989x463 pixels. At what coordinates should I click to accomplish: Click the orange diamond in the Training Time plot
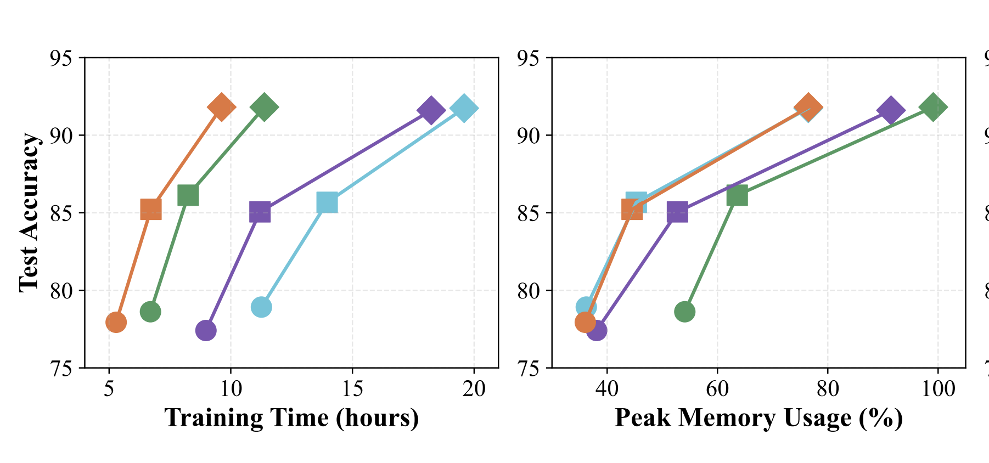coord(221,106)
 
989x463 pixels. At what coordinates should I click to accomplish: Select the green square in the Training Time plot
coord(188,195)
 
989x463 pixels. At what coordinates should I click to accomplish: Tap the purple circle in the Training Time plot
coord(206,330)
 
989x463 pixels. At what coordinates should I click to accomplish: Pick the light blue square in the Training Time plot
coord(327,203)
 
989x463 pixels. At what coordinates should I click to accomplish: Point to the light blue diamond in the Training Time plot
coord(463,108)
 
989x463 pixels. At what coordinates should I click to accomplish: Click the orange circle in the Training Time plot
coord(116,322)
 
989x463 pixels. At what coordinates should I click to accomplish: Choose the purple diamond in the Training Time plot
coord(431,110)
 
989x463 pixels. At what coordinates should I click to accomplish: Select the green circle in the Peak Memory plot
coord(684,312)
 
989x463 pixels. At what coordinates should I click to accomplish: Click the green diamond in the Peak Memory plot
coord(932,106)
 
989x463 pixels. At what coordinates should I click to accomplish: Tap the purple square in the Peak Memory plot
coord(677,212)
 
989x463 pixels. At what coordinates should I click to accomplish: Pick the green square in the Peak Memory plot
coord(737,195)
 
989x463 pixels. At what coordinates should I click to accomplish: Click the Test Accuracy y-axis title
coord(29,212)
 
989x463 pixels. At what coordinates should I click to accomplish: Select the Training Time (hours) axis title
coord(291,418)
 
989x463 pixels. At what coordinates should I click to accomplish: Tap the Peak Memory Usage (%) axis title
coord(758,418)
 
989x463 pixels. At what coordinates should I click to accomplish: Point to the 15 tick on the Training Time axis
coord(352,389)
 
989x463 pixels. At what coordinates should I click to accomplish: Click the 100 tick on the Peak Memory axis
coord(938,389)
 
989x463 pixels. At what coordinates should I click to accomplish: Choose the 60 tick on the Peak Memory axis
coord(717,389)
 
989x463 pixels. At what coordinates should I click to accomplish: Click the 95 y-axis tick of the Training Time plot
coord(61,58)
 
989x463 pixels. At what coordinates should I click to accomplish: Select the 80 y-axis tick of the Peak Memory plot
coord(529,291)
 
